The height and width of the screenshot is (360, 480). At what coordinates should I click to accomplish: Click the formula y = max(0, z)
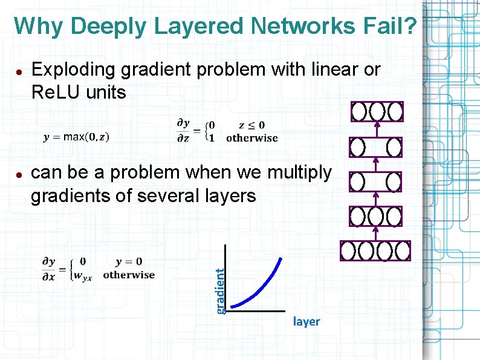[x=76, y=137]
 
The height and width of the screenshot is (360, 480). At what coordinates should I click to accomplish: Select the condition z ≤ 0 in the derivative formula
[x=252, y=125]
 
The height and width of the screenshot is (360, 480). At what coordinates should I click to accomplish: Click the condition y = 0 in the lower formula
[x=129, y=261]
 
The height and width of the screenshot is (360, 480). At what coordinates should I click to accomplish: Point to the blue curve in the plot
[x=262, y=284]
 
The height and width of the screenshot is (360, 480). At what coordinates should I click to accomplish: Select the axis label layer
[x=306, y=321]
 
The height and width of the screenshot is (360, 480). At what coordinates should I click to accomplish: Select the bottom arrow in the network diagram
[x=376, y=233]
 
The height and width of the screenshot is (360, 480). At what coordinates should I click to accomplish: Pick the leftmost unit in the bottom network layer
[x=348, y=250]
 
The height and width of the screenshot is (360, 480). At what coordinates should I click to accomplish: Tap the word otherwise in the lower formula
[x=129, y=275]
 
